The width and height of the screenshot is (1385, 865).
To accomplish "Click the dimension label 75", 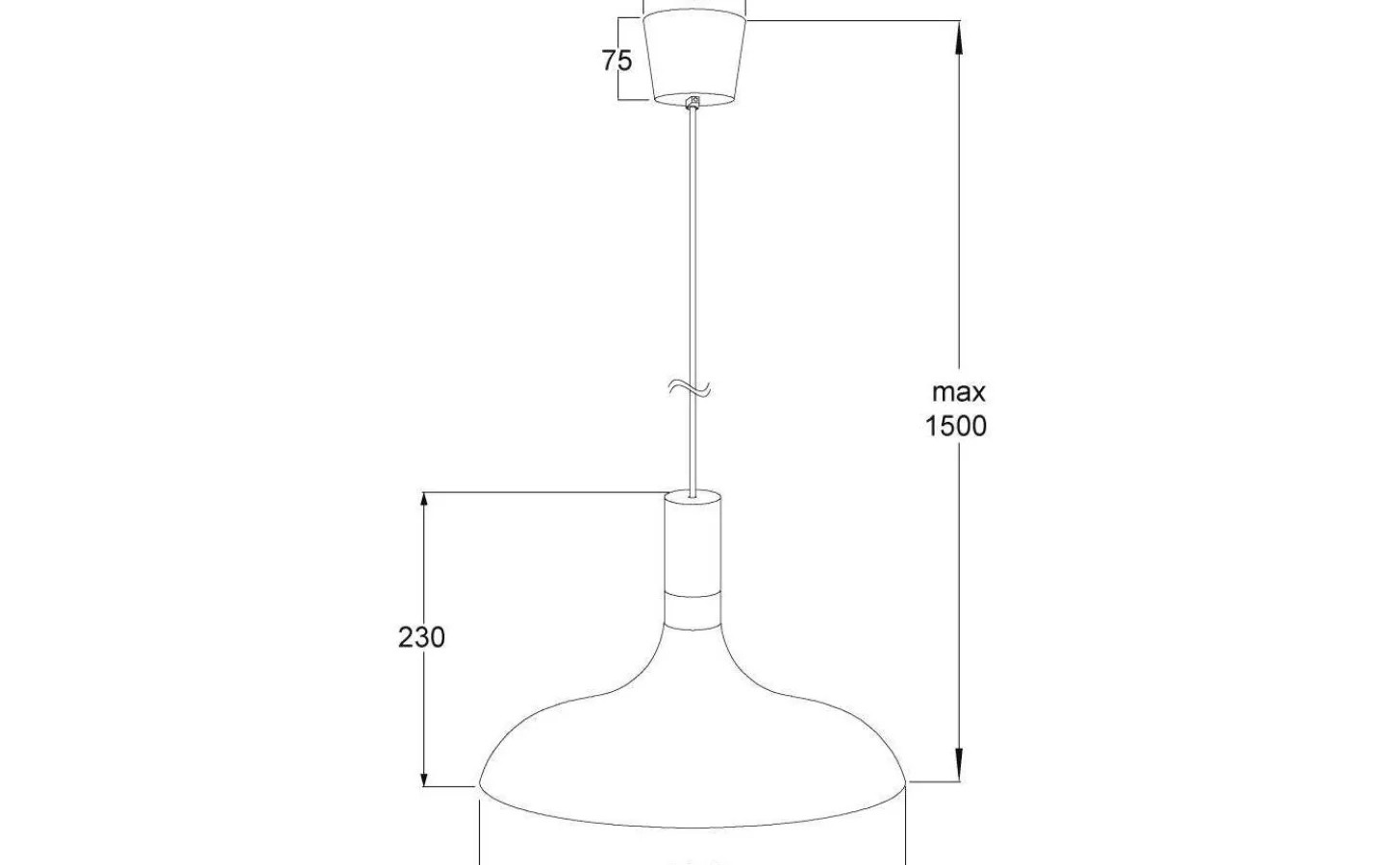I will point(617,61).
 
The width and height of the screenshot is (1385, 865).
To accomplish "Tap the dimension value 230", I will point(421,637).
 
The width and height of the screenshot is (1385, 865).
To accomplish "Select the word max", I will point(958,392).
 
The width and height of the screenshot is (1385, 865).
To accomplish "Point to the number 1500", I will point(955,426).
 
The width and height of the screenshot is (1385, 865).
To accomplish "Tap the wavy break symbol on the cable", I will point(692,388).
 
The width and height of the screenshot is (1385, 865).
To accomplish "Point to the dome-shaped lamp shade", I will point(692,750).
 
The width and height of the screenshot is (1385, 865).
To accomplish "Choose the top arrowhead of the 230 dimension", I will point(424,506).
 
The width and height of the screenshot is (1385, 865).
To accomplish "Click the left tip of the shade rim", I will point(480,784).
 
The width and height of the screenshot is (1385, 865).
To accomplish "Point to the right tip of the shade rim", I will point(906,782).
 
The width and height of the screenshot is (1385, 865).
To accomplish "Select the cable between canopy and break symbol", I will point(692,240).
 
